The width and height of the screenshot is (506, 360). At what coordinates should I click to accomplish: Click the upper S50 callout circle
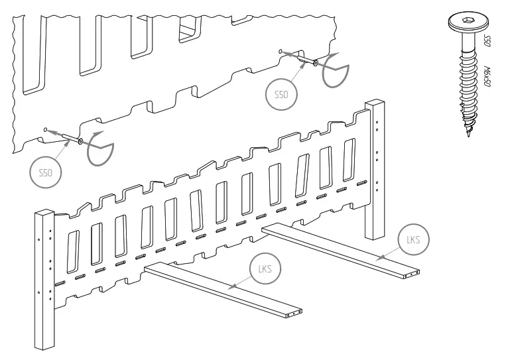(x=281, y=95)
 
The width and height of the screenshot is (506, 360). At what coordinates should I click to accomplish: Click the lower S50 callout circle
(x=44, y=172)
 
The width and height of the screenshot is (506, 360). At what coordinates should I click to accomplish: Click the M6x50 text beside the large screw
(x=487, y=76)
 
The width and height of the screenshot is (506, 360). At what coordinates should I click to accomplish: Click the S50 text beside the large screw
(x=487, y=41)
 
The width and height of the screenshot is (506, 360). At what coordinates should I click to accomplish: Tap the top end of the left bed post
(x=44, y=212)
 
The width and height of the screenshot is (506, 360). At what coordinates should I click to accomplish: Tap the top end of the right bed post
(x=375, y=103)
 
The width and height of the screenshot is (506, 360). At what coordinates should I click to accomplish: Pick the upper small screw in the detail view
(x=304, y=60)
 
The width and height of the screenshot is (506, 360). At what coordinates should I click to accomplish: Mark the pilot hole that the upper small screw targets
(x=281, y=51)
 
